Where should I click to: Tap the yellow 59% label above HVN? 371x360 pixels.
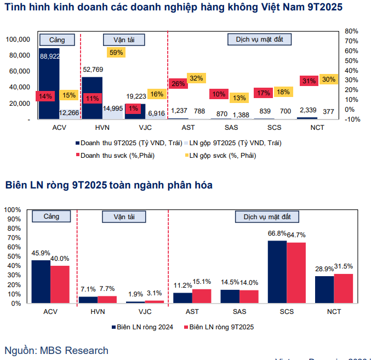pos(116,53)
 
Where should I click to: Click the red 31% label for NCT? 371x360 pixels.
pos(309,81)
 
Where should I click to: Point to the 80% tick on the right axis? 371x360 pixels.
pos(351,31)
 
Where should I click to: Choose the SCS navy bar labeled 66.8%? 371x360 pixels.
pos(277,272)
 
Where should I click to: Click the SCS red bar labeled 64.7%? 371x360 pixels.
pos(296,273)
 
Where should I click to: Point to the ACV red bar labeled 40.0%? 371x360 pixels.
pos(60,284)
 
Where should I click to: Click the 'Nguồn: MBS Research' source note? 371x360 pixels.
pos(56,351)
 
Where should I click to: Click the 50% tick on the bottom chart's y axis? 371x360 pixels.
pos(14,256)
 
